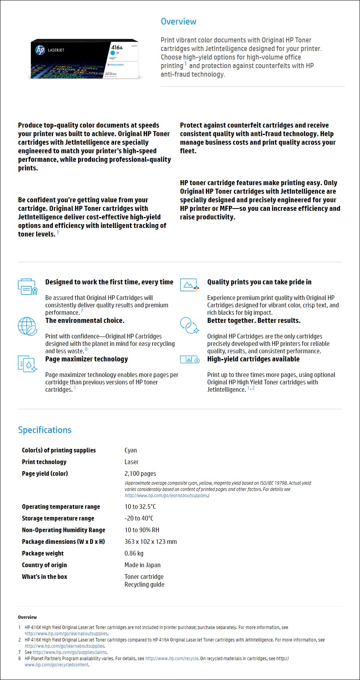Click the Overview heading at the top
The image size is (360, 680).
coord(178,22)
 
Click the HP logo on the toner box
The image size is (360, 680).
coord(40,50)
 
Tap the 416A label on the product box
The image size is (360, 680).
coord(117,47)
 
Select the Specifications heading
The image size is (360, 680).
coord(45,430)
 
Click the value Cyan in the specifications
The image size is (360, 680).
coord(130,450)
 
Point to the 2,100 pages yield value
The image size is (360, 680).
coord(140,473)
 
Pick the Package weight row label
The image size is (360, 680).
coord(43,553)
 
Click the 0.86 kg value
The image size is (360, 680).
coord(134,553)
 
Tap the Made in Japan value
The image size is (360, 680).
coord(142,565)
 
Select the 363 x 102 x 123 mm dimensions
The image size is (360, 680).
coord(151,542)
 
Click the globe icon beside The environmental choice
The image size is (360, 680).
coord(27,326)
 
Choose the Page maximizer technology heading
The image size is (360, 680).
coord(86,359)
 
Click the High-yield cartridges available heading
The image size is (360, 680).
coord(253,359)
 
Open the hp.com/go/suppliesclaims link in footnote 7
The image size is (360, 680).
coord(70,652)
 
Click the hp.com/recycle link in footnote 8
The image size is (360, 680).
coord(172,659)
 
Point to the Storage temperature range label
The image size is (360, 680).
coord(58,518)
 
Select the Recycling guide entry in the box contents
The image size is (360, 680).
coord(144,584)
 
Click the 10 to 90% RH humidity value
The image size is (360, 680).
coord(142,530)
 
